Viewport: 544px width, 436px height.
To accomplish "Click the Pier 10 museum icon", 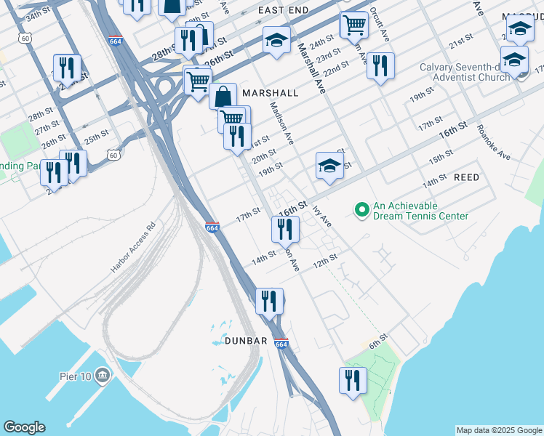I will (x=103, y=375).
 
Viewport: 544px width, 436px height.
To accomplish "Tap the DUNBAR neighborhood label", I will (x=246, y=341).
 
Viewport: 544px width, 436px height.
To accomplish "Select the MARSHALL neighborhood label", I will (x=271, y=93).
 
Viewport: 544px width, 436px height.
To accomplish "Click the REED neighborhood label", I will (x=466, y=177).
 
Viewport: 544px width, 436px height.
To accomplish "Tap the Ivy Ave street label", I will (x=321, y=216).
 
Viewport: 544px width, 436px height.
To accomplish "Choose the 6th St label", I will (x=375, y=344).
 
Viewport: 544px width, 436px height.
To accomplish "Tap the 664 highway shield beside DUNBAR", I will (x=282, y=344).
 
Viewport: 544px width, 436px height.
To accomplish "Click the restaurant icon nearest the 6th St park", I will (x=353, y=380).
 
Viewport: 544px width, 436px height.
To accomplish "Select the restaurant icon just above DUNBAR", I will (x=269, y=300).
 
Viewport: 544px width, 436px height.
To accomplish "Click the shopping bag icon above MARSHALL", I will (x=223, y=95).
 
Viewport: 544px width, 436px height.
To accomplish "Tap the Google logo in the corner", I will (x=23, y=427).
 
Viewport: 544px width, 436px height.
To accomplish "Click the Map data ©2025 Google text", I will (x=498, y=430).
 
